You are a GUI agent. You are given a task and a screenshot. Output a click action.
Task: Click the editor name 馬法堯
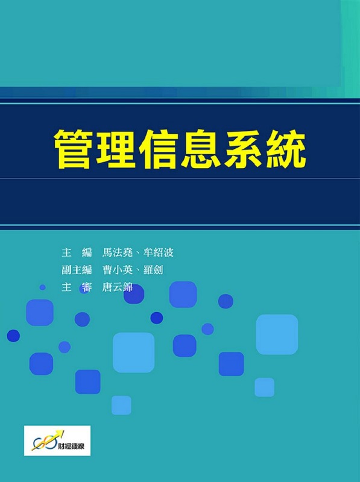point(117,252)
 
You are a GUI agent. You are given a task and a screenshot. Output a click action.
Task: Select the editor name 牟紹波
point(158,252)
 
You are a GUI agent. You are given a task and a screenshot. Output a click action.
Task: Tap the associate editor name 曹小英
point(117,270)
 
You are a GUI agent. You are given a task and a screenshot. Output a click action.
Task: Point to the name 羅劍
point(153,270)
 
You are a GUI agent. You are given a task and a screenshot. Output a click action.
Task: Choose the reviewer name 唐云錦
point(117,287)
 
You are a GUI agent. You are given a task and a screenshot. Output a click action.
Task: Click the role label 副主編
point(77,270)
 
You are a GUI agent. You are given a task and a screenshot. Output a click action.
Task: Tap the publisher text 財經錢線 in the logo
point(72,446)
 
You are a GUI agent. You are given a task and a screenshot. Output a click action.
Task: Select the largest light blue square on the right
point(277,334)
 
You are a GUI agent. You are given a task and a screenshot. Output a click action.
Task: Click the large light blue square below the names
point(133,352)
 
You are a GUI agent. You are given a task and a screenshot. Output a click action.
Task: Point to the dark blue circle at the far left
point(13,336)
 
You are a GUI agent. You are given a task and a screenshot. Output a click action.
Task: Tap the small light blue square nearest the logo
point(121,405)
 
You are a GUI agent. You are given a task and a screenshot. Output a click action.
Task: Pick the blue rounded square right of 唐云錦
point(183,294)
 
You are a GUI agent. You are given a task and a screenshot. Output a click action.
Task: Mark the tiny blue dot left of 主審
point(42,287)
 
